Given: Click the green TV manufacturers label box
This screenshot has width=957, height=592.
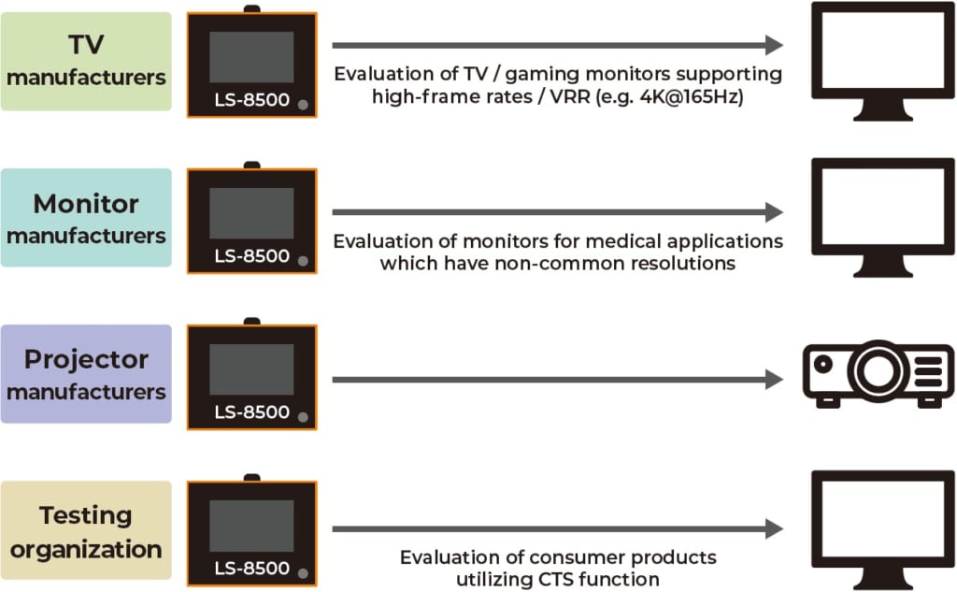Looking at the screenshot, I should pos(86,61).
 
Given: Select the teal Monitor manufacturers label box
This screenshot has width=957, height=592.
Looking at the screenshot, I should pos(86,218).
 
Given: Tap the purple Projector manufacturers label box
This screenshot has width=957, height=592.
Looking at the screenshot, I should pos(86,374).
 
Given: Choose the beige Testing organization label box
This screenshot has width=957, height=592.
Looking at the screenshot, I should pos(86,530).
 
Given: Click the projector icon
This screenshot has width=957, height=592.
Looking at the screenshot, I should pos(878,373).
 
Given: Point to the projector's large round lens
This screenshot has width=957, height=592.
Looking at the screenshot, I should pos(879,369).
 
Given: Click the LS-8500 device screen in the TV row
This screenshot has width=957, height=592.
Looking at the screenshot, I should pos(251,58).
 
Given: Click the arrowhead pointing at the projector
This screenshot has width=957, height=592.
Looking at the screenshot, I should pos(773,380).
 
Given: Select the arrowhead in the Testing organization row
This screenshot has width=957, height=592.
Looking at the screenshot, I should pos(773,529).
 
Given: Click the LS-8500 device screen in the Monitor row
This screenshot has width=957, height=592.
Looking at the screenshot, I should pos(251,214).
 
